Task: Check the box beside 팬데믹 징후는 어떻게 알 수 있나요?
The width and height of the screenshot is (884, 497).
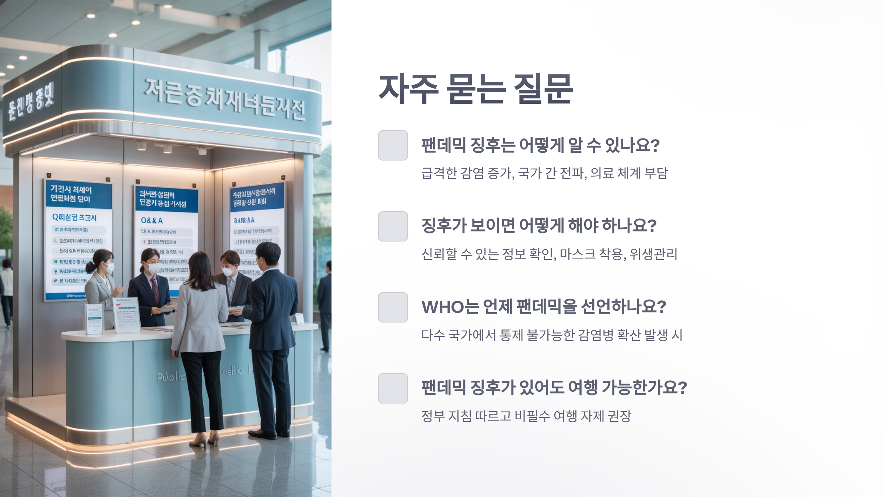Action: click(393, 145)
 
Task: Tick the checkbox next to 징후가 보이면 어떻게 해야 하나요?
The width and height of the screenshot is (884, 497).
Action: click(393, 226)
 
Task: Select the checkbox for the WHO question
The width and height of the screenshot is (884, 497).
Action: click(393, 307)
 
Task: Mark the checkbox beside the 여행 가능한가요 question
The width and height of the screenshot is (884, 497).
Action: click(393, 388)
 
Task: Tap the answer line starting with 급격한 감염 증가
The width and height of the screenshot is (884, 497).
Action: click(544, 173)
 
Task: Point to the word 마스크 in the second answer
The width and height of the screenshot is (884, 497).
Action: click(577, 254)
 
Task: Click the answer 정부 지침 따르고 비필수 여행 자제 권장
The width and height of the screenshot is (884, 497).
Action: click(526, 416)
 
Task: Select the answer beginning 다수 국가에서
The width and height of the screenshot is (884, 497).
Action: click(551, 335)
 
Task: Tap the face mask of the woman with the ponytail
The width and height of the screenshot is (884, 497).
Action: click(109, 268)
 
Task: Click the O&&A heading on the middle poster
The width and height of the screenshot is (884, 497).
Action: click(152, 221)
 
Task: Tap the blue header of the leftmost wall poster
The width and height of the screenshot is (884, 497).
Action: click(78, 194)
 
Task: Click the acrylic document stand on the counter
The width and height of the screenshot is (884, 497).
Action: click(126, 315)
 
